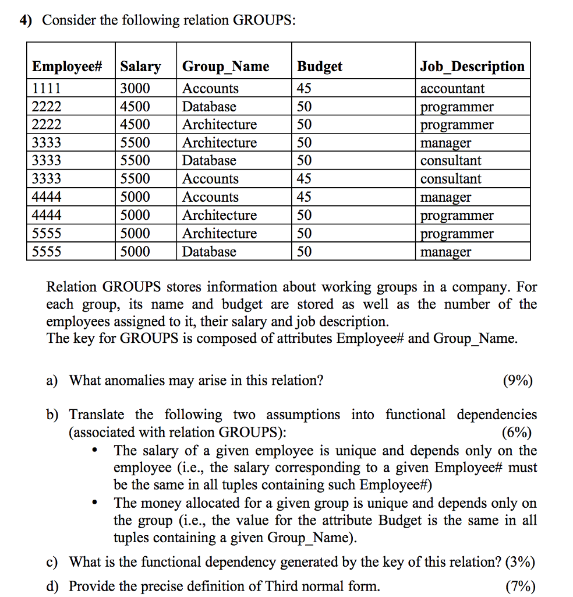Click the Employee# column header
pos(67,66)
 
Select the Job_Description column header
pos(472,66)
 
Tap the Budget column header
pos(320,66)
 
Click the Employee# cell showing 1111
pos(47,89)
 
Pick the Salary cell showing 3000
pos(135,89)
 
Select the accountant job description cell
pos(452,89)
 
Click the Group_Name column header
pos(226,66)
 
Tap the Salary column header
pos(140,66)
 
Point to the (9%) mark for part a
pos(517,381)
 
